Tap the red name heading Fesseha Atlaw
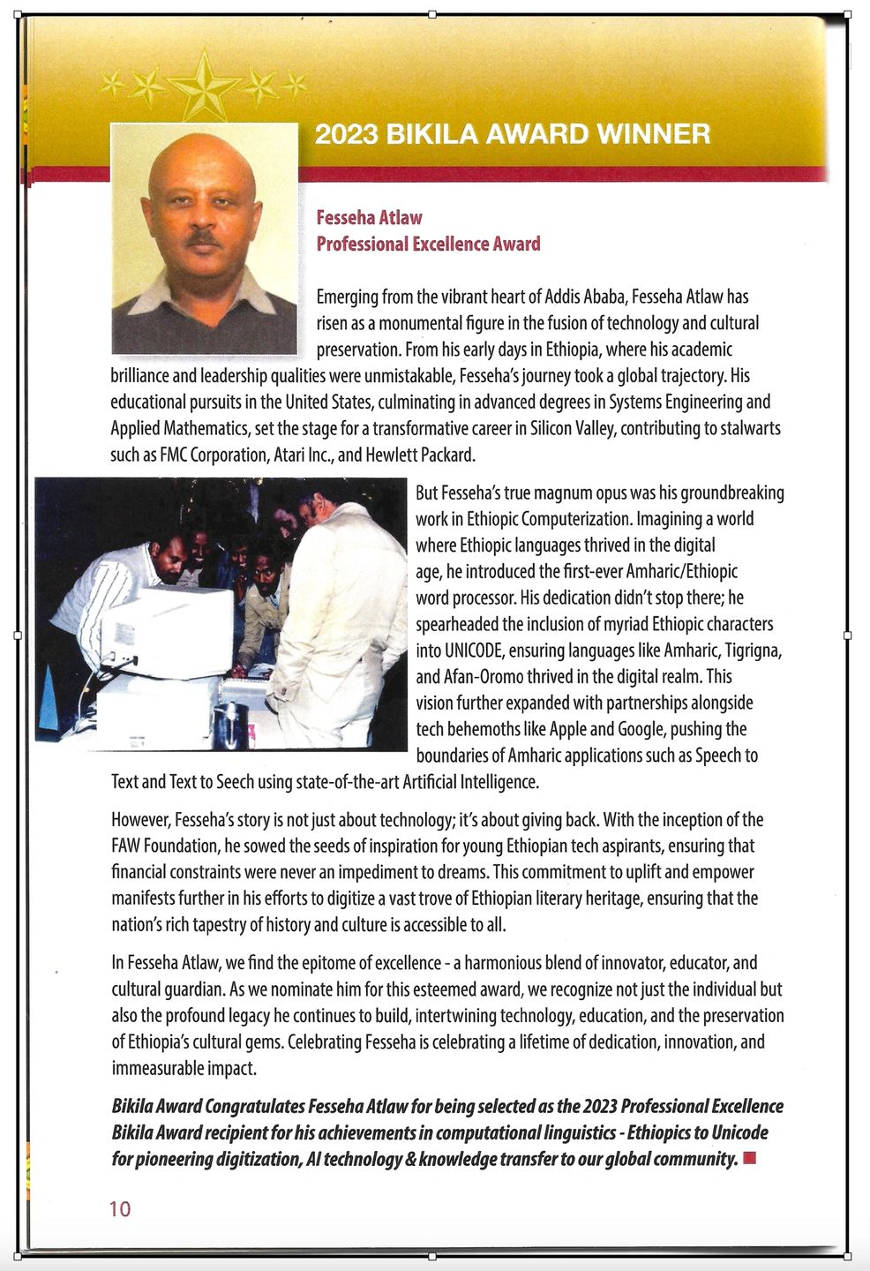(369, 218)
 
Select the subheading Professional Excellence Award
(428, 244)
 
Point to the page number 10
(120, 1208)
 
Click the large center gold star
(204, 86)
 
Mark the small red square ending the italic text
(750, 1158)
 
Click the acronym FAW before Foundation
(127, 846)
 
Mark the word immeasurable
(154, 1068)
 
